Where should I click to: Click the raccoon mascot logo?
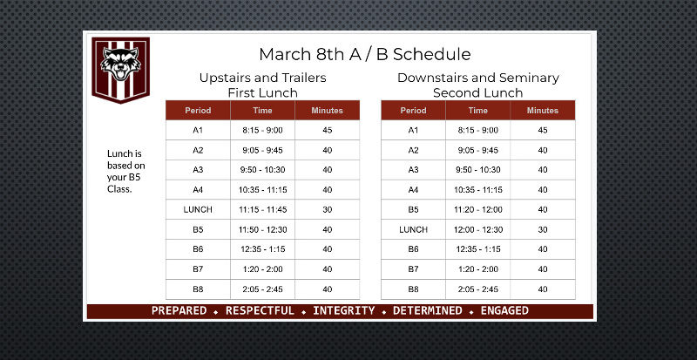(x=120, y=70)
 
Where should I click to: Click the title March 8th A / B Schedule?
(x=364, y=54)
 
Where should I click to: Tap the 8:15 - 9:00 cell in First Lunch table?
(x=262, y=131)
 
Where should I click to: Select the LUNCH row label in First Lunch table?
(x=198, y=209)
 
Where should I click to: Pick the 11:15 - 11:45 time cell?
(x=262, y=209)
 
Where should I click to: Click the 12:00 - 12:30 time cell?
(x=477, y=229)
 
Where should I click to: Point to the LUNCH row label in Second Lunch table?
(x=413, y=229)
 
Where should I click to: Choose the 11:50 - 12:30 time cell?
(x=262, y=229)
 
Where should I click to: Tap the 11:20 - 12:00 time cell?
(x=477, y=209)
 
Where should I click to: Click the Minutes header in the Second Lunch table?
(x=543, y=111)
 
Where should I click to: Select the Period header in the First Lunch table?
(x=198, y=111)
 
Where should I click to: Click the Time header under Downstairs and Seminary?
(x=477, y=111)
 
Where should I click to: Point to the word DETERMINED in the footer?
(x=428, y=310)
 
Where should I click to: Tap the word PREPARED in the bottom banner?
(x=179, y=310)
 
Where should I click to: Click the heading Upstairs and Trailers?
(x=263, y=78)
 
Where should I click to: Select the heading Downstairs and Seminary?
(x=478, y=78)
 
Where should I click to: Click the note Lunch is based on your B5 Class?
(x=125, y=172)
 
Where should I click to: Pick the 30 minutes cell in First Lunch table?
(x=328, y=209)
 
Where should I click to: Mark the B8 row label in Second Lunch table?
(x=413, y=289)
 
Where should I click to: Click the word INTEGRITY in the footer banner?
(x=343, y=310)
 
